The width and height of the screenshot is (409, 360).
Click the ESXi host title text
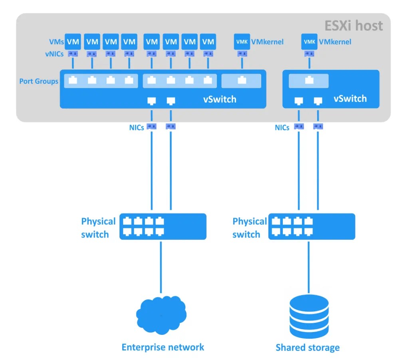pyautogui.click(x=353, y=26)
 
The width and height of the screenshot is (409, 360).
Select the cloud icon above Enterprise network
pyautogui.click(x=161, y=316)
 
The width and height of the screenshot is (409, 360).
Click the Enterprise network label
pyautogui.click(x=163, y=347)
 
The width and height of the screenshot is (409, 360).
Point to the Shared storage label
pyautogui.click(x=308, y=348)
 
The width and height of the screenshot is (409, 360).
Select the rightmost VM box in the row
pyautogui.click(x=208, y=42)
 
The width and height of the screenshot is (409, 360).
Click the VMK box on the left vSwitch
pyautogui.click(x=242, y=42)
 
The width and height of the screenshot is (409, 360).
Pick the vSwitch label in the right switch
pyautogui.click(x=350, y=99)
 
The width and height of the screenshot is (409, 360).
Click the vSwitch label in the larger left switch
pyautogui.click(x=220, y=99)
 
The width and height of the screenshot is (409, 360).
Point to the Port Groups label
pyautogui.click(x=39, y=82)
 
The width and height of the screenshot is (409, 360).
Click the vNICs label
pyautogui.click(x=54, y=54)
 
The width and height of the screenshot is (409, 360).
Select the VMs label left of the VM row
pyautogui.click(x=56, y=42)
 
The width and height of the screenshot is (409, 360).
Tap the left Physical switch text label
pyautogui.click(x=98, y=228)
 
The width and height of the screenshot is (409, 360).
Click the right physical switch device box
pyautogui.click(x=312, y=227)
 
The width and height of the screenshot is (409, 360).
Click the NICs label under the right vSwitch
pyautogui.click(x=282, y=128)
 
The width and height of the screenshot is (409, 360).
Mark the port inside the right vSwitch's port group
pyautogui.click(x=309, y=81)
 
